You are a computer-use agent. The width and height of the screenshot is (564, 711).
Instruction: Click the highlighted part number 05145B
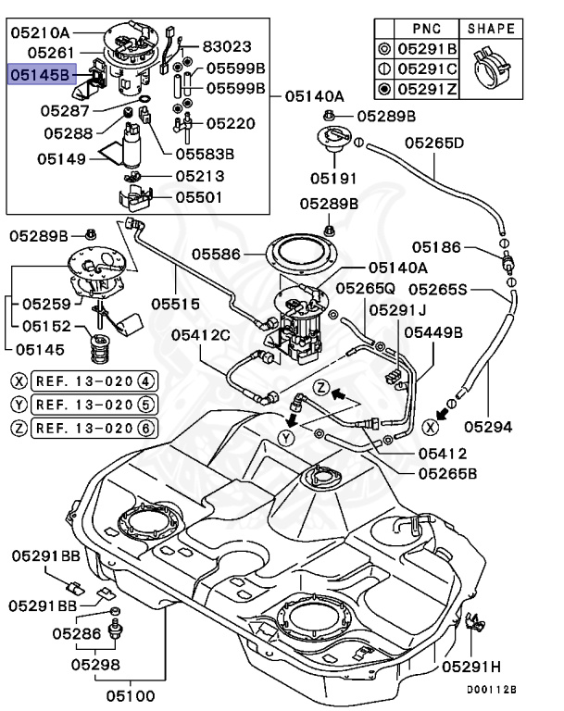pyautogui.click(x=43, y=74)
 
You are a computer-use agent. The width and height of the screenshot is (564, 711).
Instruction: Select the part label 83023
pyautogui.click(x=226, y=46)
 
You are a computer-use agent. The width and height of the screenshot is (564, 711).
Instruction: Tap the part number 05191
pyautogui.click(x=333, y=178)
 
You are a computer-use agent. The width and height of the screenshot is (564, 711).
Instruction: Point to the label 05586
pyautogui.click(x=216, y=254)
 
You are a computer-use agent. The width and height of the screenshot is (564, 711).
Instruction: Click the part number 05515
pyautogui.click(x=176, y=304)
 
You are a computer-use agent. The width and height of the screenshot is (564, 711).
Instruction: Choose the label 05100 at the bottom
pyautogui.click(x=131, y=695)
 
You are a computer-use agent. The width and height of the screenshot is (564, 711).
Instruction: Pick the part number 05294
pyautogui.click(x=488, y=427)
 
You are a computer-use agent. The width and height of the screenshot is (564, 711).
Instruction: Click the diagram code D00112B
pyautogui.click(x=492, y=690)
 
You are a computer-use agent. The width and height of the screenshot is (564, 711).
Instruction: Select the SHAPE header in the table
pyautogui.click(x=491, y=29)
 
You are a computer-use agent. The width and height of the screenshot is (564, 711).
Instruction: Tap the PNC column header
pyautogui.click(x=427, y=29)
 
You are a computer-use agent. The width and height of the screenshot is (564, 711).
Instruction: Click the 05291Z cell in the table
pyautogui.click(x=428, y=89)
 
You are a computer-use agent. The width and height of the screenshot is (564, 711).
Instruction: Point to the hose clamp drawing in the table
pyautogui.click(x=492, y=69)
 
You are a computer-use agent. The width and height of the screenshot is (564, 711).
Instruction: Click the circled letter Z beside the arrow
pyautogui.click(x=321, y=388)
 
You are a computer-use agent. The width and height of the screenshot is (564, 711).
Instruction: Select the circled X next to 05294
pyautogui.click(x=430, y=427)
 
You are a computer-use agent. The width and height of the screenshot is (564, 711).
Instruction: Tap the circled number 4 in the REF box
pyautogui.click(x=145, y=380)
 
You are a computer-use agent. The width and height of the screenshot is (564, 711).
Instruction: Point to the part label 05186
pyautogui.click(x=436, y=247)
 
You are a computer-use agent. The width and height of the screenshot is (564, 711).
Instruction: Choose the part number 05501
pyautogui.click(x=199, y=197)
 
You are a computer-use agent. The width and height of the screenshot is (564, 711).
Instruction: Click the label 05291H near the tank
pyautogui.click(x=471, y=667)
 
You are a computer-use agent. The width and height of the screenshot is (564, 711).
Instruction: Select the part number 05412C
pyautogui.click(x=201, y=335)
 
